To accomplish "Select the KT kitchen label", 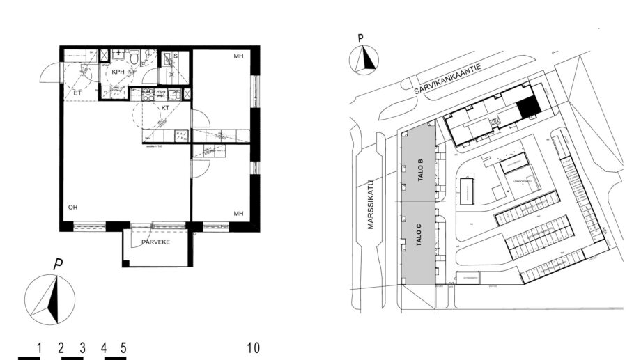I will pos(166,109).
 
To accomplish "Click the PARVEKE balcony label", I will pos(156,243).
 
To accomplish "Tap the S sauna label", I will pos(175,56).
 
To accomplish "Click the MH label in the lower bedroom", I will pos(238,213).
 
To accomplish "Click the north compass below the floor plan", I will pos(50,298).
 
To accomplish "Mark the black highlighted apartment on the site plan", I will pos(529,107).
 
